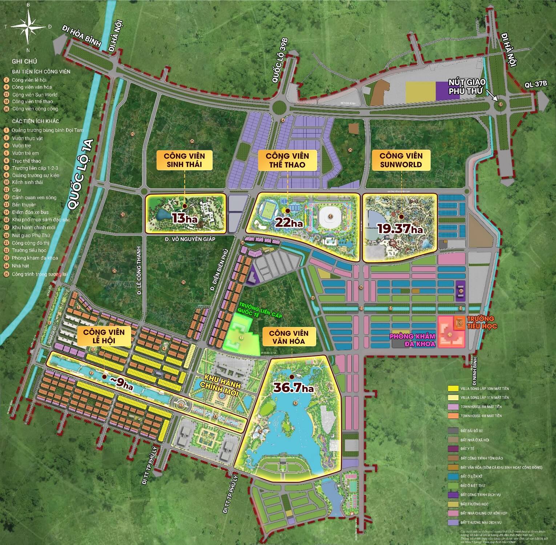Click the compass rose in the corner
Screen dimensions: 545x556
click(28, 26)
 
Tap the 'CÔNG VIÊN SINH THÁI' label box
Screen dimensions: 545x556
click(184, 160)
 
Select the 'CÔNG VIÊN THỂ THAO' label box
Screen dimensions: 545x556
click(287, 160)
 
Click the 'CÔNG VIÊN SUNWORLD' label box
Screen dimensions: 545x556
click(401, 160)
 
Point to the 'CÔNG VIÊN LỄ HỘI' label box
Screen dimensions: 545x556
click(104, 336)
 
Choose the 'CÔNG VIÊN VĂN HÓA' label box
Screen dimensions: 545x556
click(289, 337)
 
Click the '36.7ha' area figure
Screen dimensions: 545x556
click(294, 388)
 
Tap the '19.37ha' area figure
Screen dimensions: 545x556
click(400, 229)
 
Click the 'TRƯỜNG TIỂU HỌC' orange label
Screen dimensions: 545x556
click(482, 322)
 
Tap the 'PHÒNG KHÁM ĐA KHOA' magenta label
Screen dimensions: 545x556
click(412, 340)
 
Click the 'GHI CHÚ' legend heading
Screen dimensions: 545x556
click(24, 61)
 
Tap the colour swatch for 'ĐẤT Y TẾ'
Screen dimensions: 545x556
click(453, 449)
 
